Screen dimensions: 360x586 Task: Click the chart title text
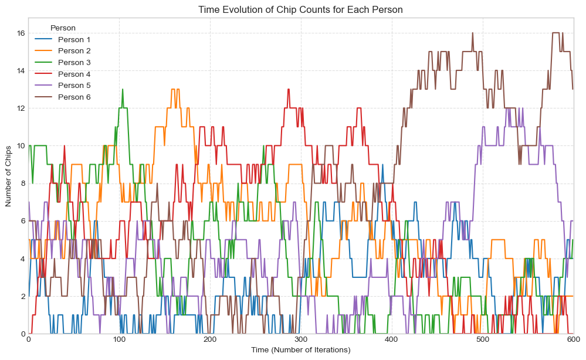point(300,10)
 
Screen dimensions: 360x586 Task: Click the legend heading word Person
point(63,28)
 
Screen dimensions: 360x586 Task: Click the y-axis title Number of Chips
point(9,176)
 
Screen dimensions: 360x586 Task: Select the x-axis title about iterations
point(300,350)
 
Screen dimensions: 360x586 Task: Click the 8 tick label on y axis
point(21,184)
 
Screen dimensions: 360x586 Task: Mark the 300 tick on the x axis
point(300,339)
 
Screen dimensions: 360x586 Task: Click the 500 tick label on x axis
point(482,339)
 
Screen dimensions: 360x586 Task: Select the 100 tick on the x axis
point(119,339)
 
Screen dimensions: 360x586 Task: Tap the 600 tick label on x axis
point(573,339)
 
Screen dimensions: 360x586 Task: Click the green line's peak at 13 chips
point(123,90)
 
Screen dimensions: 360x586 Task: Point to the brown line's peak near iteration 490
point(472,33)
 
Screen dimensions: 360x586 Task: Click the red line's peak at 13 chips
point(289,90)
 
